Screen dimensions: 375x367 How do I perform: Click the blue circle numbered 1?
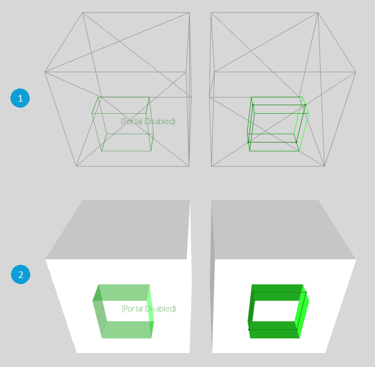point(20,98)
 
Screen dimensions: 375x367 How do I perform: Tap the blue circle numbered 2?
point(20,274)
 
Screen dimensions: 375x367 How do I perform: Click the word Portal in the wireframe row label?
point(132,121)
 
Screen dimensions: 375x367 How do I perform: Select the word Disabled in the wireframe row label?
point(160,121)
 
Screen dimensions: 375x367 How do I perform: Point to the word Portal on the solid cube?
point(133,309)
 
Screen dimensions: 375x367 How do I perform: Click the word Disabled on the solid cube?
point(160,309)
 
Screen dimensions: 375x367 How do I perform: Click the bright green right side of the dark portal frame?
point(301,311)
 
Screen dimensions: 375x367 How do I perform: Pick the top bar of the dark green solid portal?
point(277,292)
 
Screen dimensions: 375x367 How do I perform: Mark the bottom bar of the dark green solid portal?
point(274,330)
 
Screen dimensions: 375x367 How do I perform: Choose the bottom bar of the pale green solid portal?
point(127,330)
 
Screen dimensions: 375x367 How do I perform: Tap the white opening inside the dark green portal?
point(275,311)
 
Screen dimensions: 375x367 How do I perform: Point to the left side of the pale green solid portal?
point(99,311)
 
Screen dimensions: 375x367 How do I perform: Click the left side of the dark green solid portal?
point(251,311)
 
